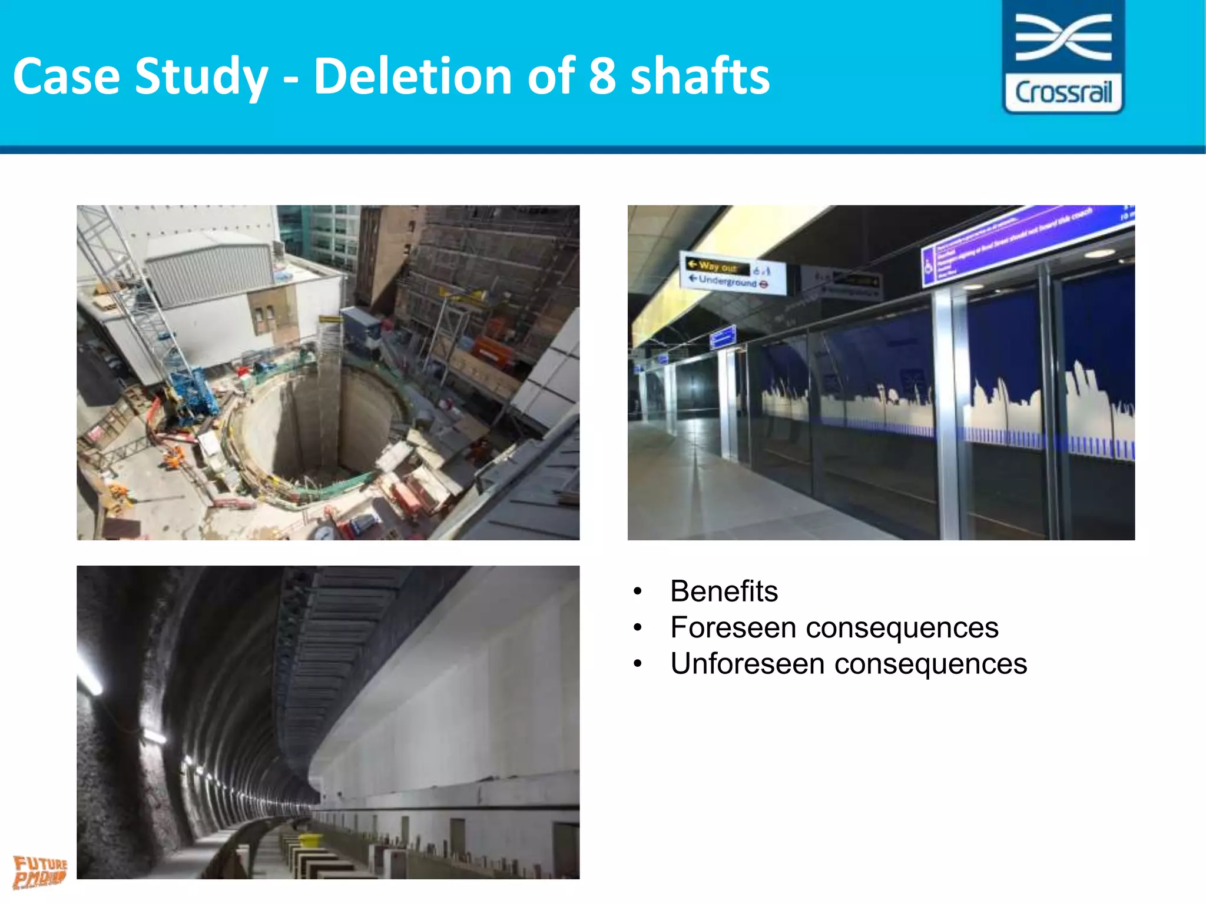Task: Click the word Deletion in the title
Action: (412, 77)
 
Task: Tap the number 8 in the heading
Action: (602, 77)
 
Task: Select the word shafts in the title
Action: (700, 77)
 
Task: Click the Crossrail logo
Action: (1063, 56)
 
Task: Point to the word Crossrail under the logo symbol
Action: (1063, 93)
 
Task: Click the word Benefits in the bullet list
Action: (724, 591)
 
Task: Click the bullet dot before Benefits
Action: (637, 591)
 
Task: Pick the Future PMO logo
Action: (40, 872)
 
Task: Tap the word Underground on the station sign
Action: (728, 281)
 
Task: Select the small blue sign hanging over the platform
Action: (723, 338)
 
